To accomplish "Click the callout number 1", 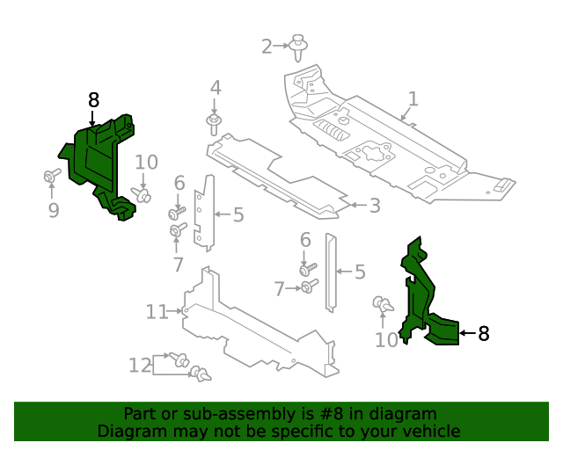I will point(413,98).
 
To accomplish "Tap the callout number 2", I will point(267,46).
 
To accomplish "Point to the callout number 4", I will point(215,88).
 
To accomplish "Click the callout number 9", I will point(53,210).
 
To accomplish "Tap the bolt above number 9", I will point(51,178).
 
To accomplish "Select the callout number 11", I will point(157,311).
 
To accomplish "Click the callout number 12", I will point(140,365).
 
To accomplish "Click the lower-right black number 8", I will point(483,333).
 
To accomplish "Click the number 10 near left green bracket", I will point(146,162).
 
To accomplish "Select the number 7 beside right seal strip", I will point(279,288).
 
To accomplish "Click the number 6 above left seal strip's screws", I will point(179,183).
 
